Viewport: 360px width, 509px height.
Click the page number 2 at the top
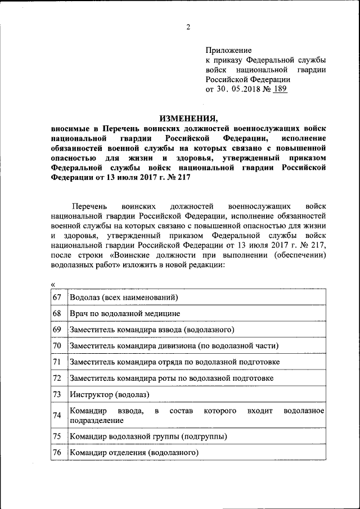(x=188, y=26)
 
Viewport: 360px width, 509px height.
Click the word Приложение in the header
(x=228, y=50)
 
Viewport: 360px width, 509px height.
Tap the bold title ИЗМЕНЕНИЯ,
(x=188, y=119)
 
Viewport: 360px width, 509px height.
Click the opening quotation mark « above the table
(x=53, y=285)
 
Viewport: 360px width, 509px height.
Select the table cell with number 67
(x=57, y=296)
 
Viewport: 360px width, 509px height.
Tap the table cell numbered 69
(x=57, y=329)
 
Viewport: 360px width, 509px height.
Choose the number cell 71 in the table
(x=57, y=362)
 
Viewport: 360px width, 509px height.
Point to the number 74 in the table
(x=57, y=416)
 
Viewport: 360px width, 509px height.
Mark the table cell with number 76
(x=57, y=453)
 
